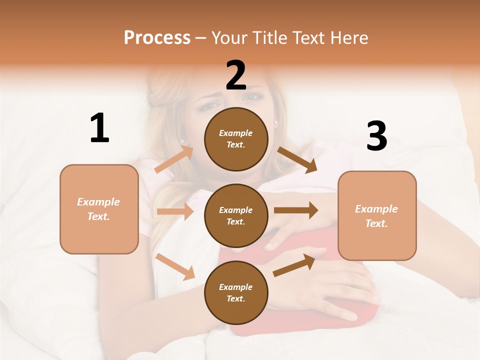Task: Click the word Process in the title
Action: click(x=157, y=37)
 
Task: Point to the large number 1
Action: click(x=99, y=128)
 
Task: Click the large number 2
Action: click(x=236, y=75)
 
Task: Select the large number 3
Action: click(x=376, y=136)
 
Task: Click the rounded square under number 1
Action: click(x=99, y=209)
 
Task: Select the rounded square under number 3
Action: click(x=377, y=216)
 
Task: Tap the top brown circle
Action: click(x=236, y=139)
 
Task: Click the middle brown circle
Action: click(x=236, y=215)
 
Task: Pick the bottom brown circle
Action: click(x=236, y=292)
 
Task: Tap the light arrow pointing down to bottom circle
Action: click(x=175, y=266)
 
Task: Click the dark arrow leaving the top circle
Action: click(x=297, y=159)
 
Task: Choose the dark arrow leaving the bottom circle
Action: click(x=294, y=265)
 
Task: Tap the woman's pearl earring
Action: click(x=275, y=121)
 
